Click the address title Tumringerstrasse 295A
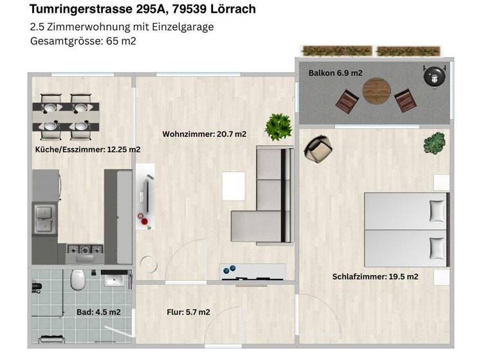pos(143,9)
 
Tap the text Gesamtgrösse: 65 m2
pos(83,41)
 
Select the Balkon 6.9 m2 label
pos(335,73)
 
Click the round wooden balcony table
pos(377,91)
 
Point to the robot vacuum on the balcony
pos(435,75)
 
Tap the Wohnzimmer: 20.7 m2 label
pos(205,134)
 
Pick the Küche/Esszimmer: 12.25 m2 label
pos(87,149)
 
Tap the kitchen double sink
pos(44,217)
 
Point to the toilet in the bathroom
pos(78,280)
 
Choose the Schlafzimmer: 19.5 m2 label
pos(375,277)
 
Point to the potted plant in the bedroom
pos(434,143)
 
